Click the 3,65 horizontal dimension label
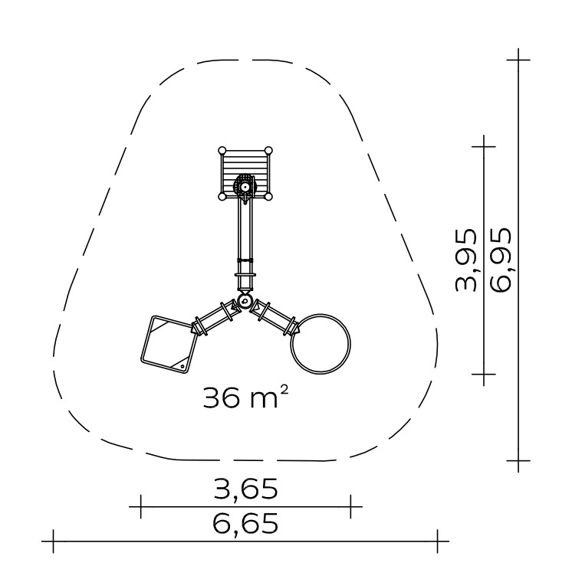(x=245, y=489)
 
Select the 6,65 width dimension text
(x=245, y=523)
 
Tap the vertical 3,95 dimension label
(x=466, y=260)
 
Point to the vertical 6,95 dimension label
(x=501, y=260)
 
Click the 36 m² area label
(x=245, y=397)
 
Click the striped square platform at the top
(x=245, y=174)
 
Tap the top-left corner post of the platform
(x=222, y=150)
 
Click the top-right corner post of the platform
(x=268, y=150)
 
